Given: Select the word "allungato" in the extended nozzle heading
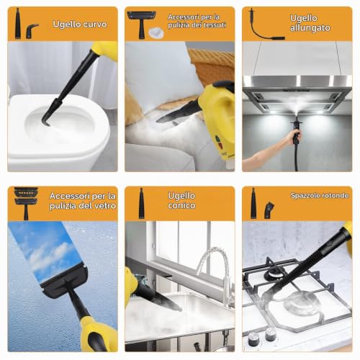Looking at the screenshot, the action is tap(310, 28).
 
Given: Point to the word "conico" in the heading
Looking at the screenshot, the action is tap(181, 206).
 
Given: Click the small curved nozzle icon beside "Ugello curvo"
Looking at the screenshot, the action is tap(32, 31).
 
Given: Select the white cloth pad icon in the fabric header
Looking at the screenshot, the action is tap(156, 32).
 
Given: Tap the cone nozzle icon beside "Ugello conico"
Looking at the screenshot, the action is tap(142, 203).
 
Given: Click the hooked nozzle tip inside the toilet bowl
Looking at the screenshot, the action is tap(46, 121).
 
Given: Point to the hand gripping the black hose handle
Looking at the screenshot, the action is tap(294, 137).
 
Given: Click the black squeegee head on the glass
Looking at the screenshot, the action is tap(64, 280).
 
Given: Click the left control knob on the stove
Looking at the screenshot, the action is tap(253, 339).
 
